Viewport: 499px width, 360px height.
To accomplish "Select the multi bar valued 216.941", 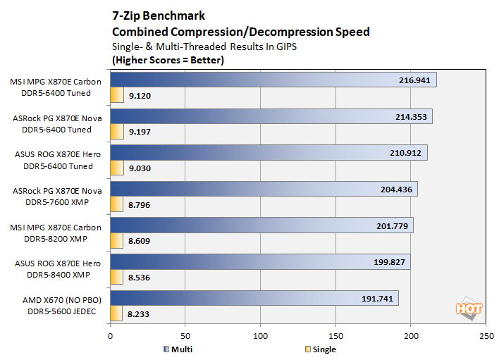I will (x=273, y=80).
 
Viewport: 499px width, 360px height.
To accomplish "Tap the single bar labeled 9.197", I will (x=116, y=131).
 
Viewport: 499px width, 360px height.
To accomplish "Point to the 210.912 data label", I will (x=402, y=153).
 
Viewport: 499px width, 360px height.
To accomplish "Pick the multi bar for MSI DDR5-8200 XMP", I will (x=261, y=225).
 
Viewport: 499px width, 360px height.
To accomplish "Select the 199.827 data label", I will (x=386, y=262).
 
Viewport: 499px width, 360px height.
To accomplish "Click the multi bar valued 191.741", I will (x=254, y=298).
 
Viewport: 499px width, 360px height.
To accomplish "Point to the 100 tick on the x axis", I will (x=260, y=337).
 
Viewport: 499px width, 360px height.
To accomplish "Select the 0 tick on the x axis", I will (x=111, y=337).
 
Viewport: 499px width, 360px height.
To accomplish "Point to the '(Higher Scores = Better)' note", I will (x=168, y=60).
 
